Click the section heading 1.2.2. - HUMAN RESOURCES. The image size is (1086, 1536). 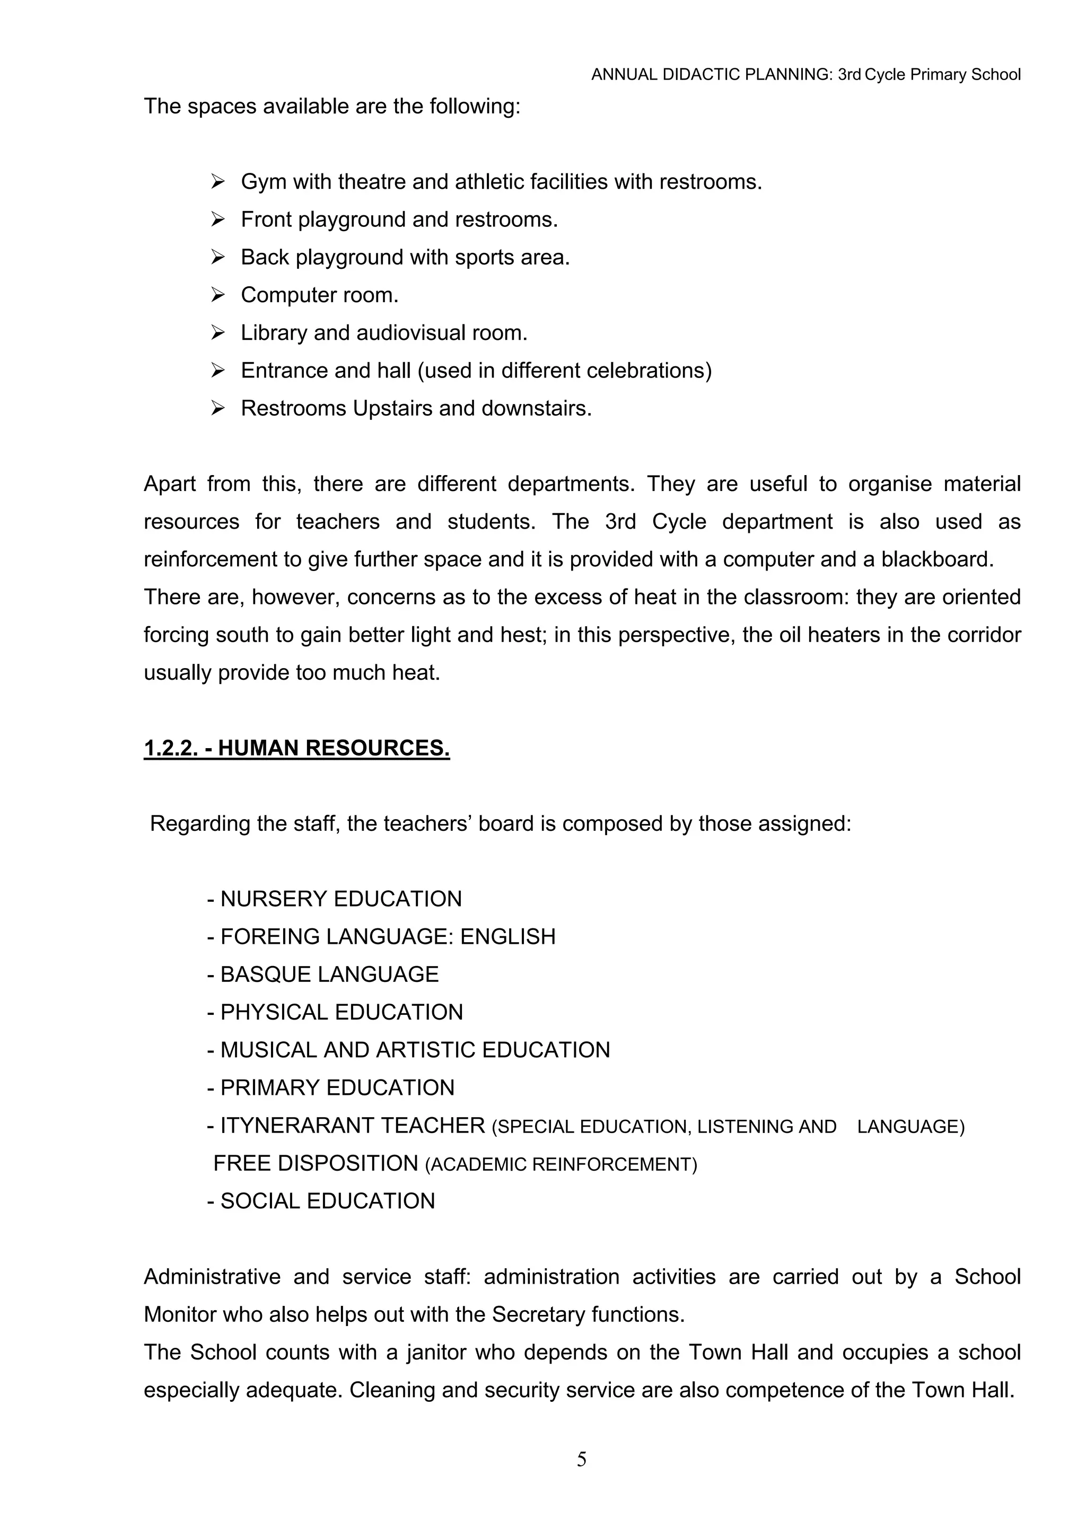(x=296, y=748)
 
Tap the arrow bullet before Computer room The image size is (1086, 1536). (x=217, y=294)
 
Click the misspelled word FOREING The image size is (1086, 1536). (x=270, y=936)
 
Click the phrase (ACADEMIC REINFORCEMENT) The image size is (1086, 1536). (x=560, y=1165)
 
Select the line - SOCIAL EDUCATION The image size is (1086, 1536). (x=321, y=1201)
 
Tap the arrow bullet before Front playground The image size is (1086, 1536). (x=217, y=220)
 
